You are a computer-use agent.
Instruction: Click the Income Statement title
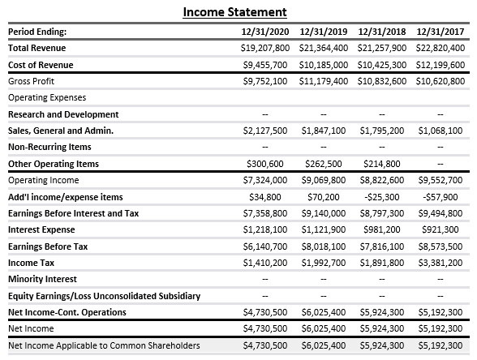[x=234, y=11]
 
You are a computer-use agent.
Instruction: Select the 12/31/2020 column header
[x=265, y=32]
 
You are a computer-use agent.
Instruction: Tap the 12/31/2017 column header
[x=440, y=32]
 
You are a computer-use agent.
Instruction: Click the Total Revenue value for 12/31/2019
[x=323, y=49]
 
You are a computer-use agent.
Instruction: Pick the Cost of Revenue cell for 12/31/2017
[x=439, y=65]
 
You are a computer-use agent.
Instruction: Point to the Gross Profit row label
[x=31, y=82]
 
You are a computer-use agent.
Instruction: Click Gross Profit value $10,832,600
[x=381, y=82]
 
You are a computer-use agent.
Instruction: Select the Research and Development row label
[x=62, y=114]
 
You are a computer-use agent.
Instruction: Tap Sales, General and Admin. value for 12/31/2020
[x=265, y=131]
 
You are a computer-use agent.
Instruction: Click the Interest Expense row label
[x=41, y=229]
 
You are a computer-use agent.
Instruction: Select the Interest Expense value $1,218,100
[x=265, y=229]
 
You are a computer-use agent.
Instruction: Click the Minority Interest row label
[x=42, y=279]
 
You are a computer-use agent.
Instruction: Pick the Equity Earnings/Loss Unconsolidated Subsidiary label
[x=104, y=295]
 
